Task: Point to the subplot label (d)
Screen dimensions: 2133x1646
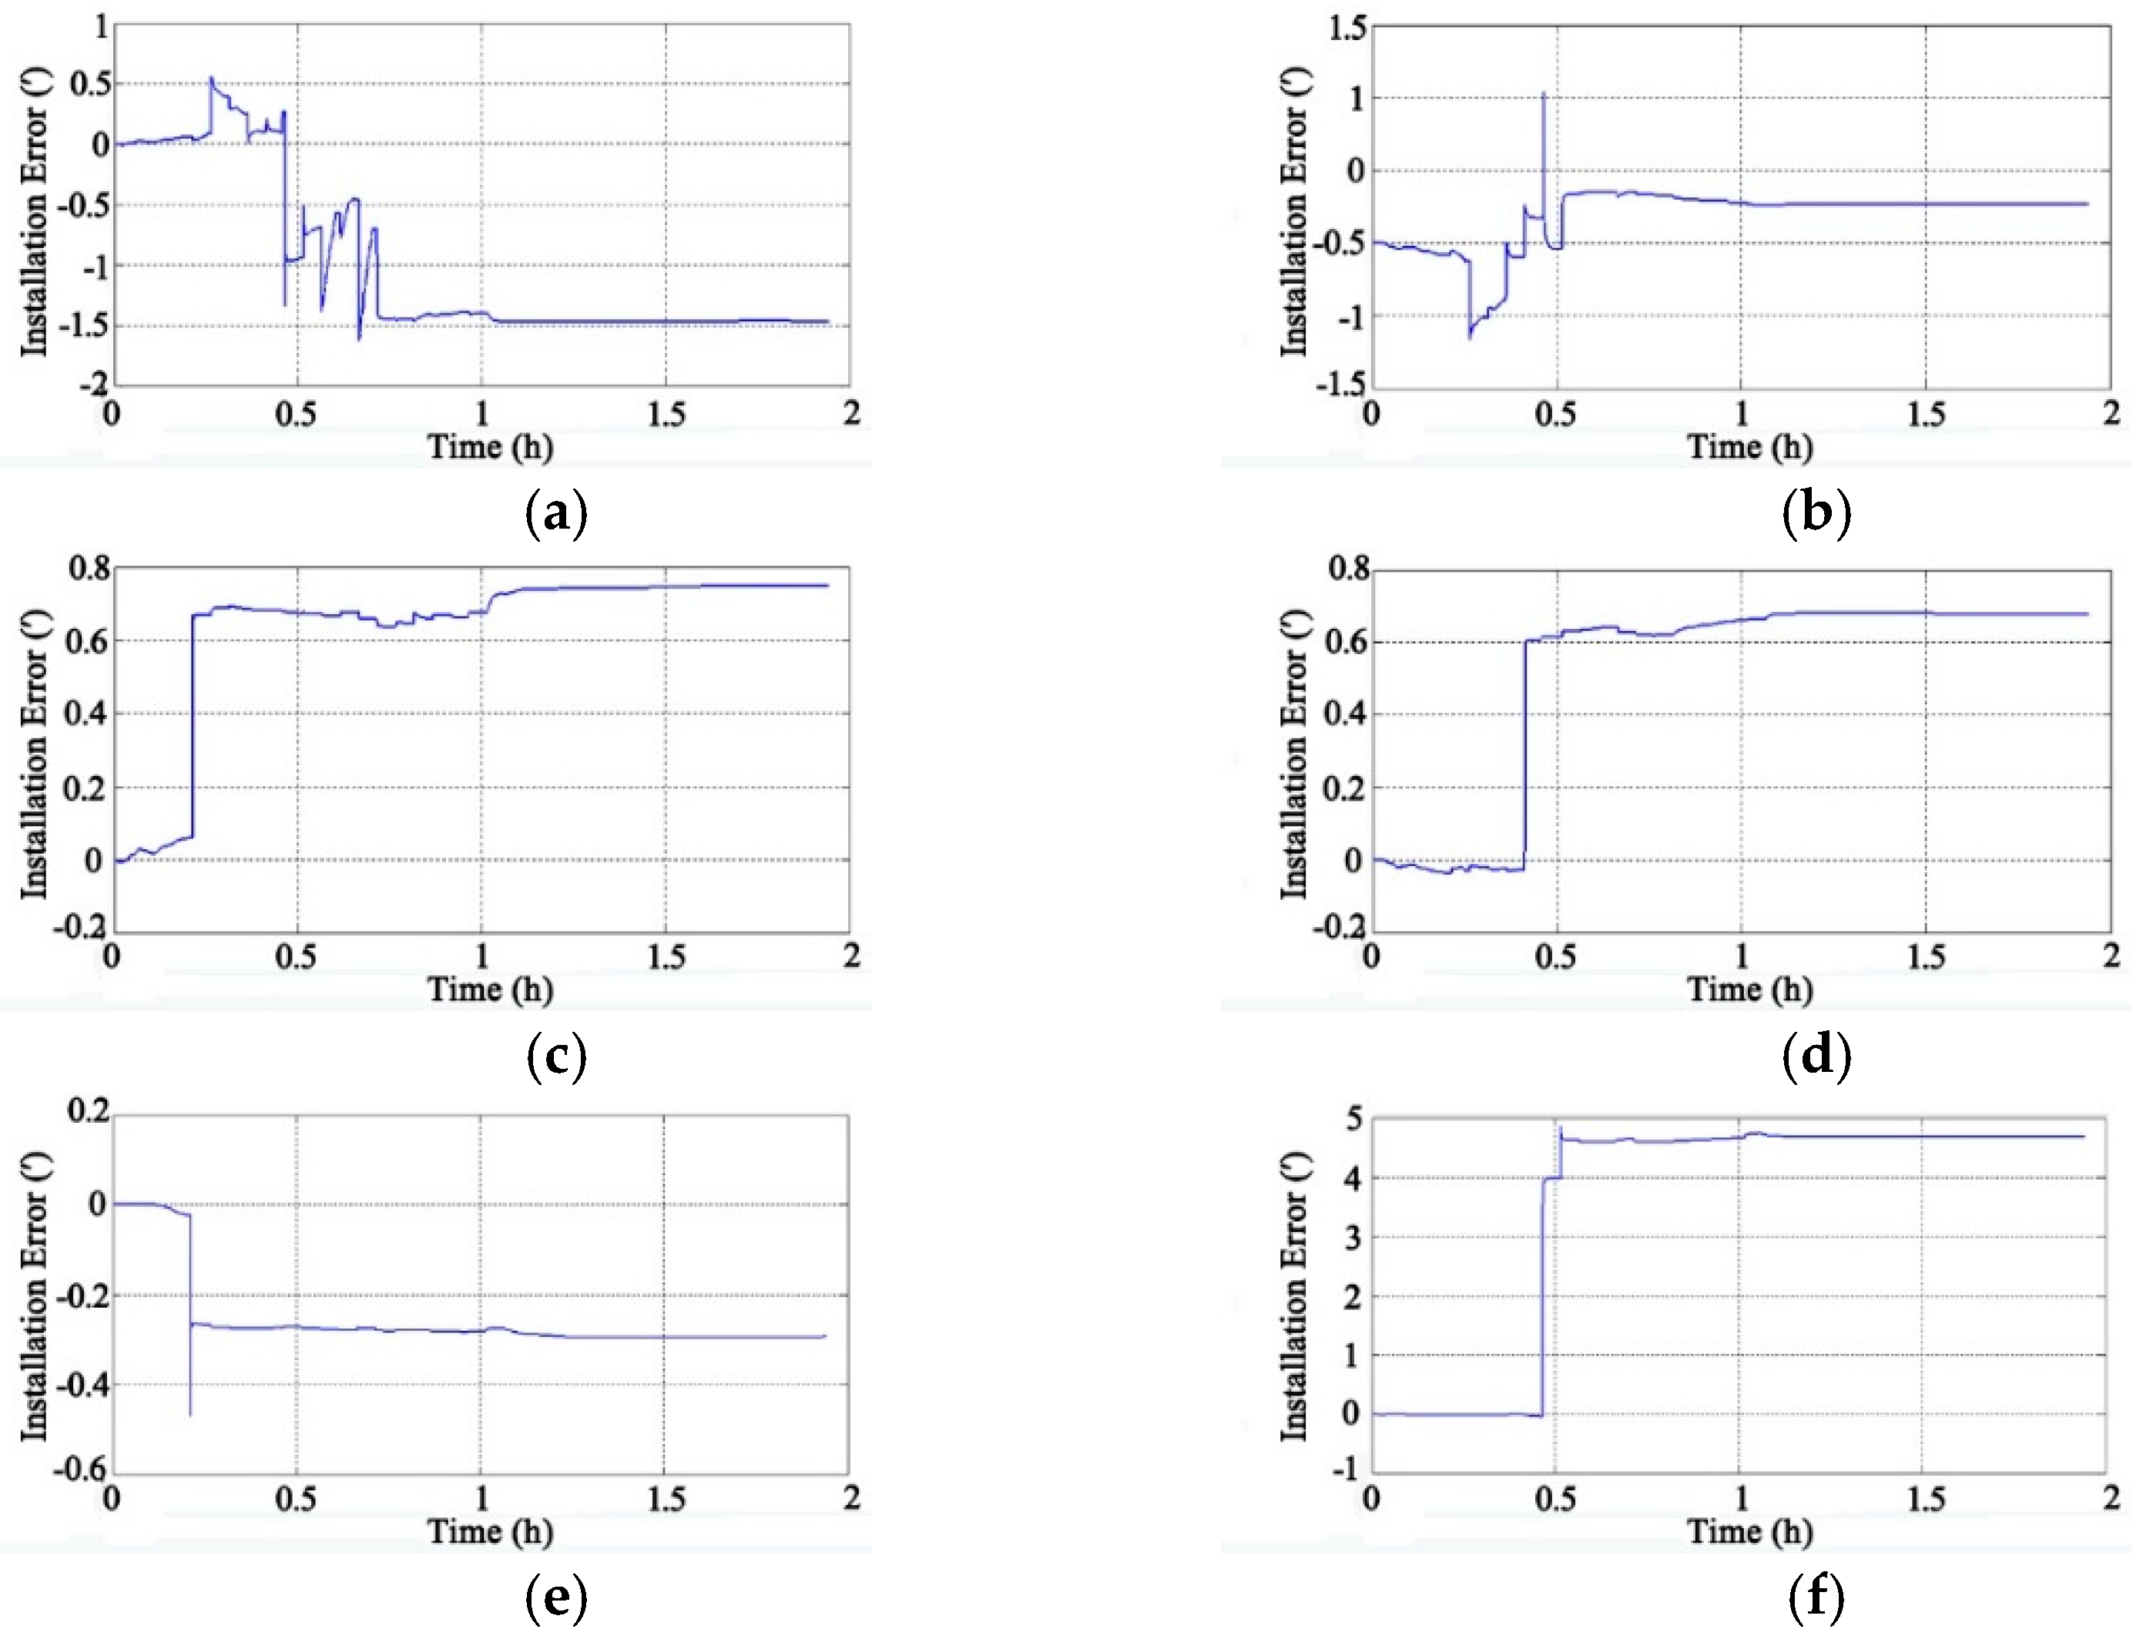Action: coord(1816,1055)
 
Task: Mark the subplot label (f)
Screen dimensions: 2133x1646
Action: coord(1816,1597)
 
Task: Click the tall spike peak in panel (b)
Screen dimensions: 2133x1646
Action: coord(1543,92)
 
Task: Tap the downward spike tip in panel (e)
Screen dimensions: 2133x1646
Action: coord(190,1415)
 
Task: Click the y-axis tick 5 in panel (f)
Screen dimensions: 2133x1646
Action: coord(1353,1117)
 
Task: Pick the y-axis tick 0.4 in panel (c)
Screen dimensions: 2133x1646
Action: coord(84,713)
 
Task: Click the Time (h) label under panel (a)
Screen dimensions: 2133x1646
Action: coord(490,446)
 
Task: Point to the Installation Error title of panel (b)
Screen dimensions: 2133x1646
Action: coord(1295,211)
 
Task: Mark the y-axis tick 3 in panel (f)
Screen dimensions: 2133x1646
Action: coord(1353,1238)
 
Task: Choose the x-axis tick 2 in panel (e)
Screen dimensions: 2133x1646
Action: coord(852,1497)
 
